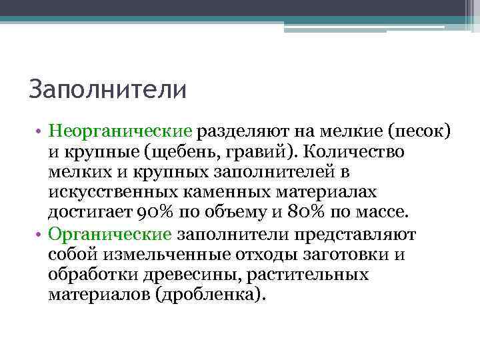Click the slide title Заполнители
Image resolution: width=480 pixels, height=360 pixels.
click(108, 89)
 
